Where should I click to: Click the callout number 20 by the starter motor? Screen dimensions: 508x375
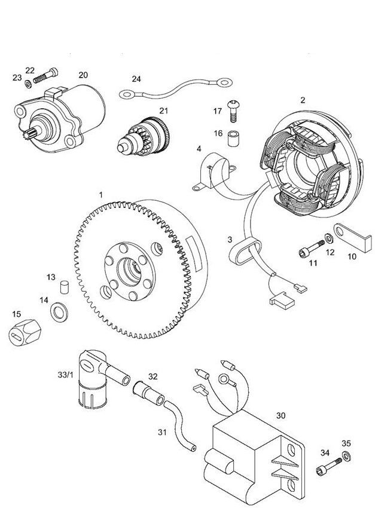(x=83, y=75)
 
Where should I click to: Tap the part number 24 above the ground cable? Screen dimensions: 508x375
(x=136, y=78)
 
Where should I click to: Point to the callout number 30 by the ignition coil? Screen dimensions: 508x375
(x=281, y=415)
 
